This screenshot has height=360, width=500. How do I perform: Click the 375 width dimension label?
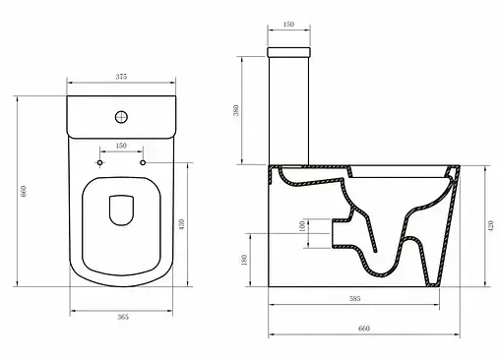(121, 77)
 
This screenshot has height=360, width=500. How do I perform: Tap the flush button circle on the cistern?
(121, 117)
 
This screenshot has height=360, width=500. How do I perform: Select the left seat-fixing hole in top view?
(99, 162)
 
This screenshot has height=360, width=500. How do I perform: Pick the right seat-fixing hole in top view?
(143, 162)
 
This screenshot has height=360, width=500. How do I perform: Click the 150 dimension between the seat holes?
(121, 146)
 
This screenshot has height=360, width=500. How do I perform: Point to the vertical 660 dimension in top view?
(24, 191)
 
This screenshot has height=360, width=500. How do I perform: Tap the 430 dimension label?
(182, 224)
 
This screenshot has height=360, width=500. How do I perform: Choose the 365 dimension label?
(123, 317)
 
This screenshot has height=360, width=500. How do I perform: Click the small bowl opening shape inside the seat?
(121, 210)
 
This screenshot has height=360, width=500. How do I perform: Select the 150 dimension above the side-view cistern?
(288, 24)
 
